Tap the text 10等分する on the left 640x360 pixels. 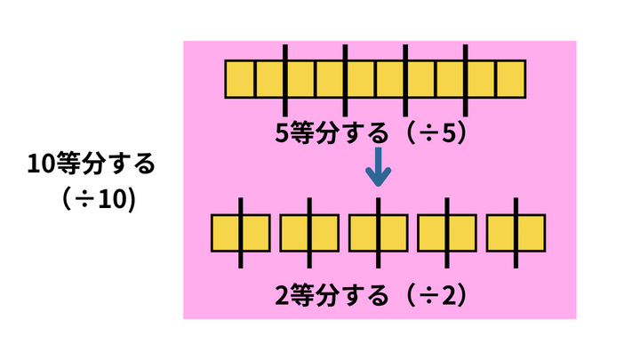pos(92,164)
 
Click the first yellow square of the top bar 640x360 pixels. pos(240,78)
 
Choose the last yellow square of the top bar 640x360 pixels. pos(510,78)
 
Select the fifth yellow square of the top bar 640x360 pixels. pos(360,78)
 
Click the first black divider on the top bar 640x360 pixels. pos(285,78)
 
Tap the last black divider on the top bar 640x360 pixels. pos(466,78)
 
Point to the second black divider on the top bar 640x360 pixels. pos(345,78)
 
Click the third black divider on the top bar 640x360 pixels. pos(405,78)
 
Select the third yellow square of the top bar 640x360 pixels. pos(300,78)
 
